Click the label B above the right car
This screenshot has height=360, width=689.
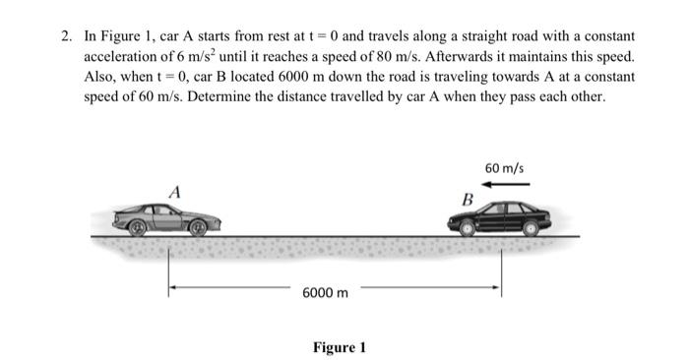(x=468, y=200)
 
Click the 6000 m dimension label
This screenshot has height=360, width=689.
(x=324, y=293)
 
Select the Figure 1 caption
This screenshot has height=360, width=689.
(x=340, y=346)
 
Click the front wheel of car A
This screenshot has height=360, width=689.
(x=199, y=228)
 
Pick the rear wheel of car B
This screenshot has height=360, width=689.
(x=531, y=227)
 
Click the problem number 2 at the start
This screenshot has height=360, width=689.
(x=65, y=36)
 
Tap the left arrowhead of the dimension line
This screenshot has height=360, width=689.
(x=172, y=290)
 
